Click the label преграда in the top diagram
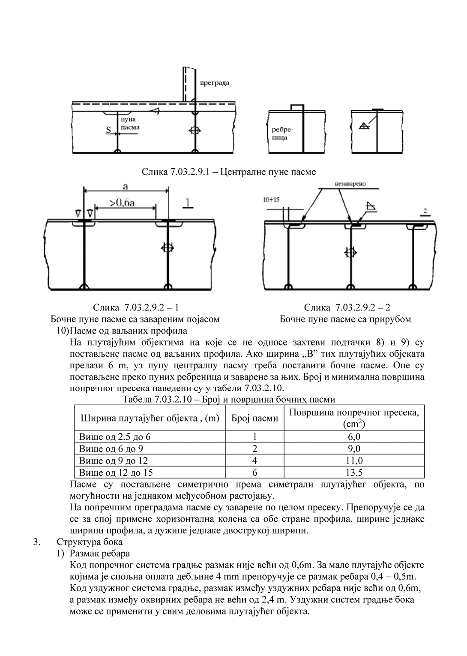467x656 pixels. [215, 83]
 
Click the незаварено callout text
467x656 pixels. [350, 184]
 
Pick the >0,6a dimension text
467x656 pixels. [123, 202]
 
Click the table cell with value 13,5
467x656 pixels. [354, 472]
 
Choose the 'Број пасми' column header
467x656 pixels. [254, 418]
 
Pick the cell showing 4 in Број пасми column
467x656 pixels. [254, 461]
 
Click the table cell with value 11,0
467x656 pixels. [354, 461]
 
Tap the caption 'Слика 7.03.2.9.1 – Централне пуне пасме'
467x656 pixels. [229, 172]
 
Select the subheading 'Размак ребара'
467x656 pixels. [99, 554]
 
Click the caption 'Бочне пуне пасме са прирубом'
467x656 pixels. [345, 319]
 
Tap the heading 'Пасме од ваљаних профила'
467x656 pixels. [128, 331]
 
